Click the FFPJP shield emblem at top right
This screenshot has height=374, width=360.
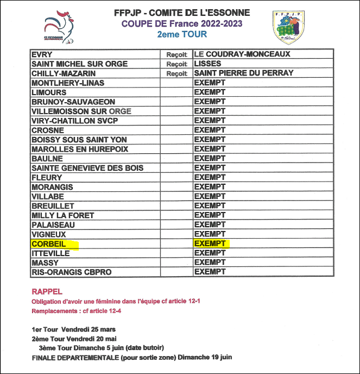coord(288,27)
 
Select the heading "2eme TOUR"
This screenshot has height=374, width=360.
coord(182,34)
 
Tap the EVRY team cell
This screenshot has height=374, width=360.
coord(42,54)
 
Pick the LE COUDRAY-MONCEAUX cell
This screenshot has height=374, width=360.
coord(242,54)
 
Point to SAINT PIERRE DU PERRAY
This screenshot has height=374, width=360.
coord(244,73)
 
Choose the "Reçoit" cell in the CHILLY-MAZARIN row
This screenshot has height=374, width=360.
coord(176,73)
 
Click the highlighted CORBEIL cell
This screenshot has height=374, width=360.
coord(49,244)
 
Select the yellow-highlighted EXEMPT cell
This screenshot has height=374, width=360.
coord(210,244)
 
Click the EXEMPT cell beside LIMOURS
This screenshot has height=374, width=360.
coord(210,92)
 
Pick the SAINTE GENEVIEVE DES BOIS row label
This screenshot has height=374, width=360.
coord(87,168)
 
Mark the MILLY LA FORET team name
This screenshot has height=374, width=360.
coord(62,215)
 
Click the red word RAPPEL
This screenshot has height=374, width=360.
coord(47,291)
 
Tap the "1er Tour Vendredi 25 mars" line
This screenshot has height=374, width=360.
coord(73,329)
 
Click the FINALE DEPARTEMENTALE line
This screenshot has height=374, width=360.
coord(132,357)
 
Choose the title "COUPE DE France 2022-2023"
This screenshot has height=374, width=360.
coord(182,23)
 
